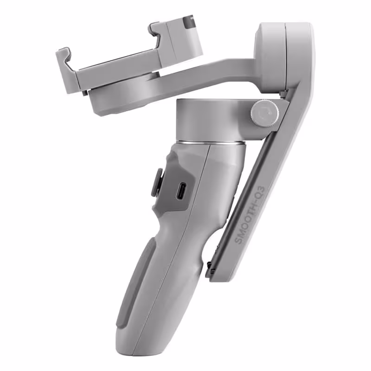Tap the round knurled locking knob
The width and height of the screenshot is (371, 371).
coord(265,113)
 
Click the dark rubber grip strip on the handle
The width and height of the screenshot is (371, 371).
coord(137,283)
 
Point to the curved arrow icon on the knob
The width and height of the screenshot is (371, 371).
coord(265,113)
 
